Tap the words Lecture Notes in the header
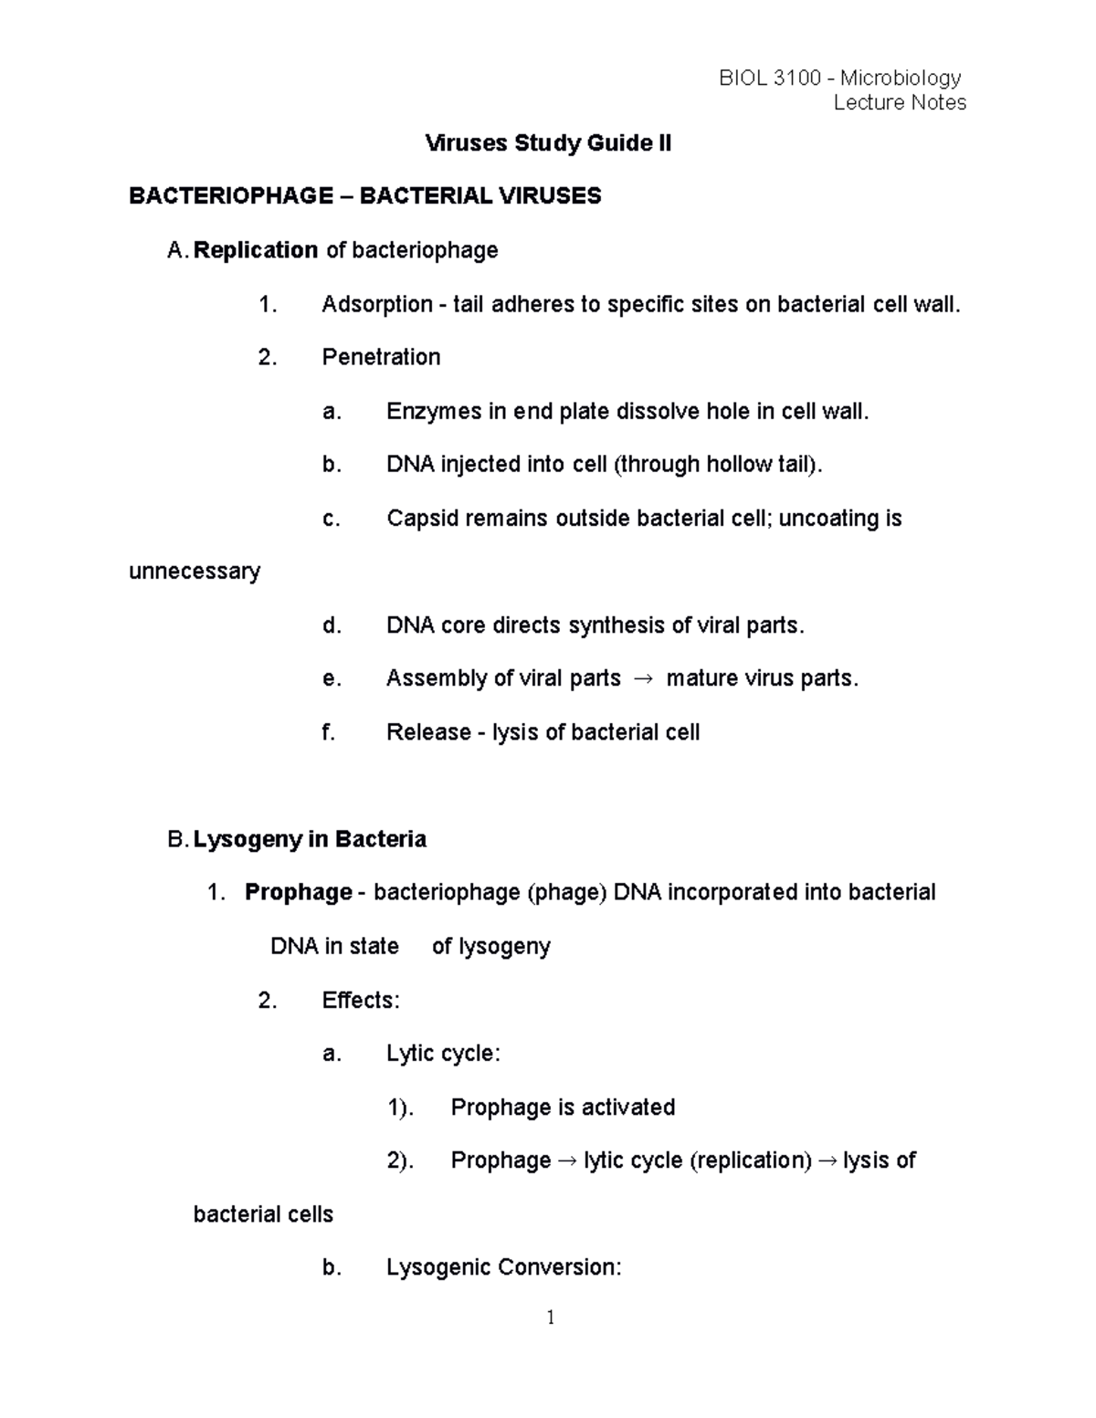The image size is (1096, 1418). click(x=900, y=102)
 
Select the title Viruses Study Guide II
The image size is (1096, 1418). click(x=548, y=143)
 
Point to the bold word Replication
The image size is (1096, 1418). click(x=256, y=250)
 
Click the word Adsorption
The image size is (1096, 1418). click(x=376, y=304)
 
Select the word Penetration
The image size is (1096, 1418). click(x=381, y=357)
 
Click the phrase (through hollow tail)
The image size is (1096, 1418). click(x=718, y=465)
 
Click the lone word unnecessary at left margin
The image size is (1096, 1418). click(x=195, y=572)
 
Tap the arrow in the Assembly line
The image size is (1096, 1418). click(x=643, y=679)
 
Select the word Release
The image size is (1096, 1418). click(x=428, y=732)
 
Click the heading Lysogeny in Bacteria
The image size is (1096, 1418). click(x=310, y=839)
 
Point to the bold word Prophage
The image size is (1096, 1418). click(x=298, y=892)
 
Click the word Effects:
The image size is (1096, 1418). click(x=361, y=1001)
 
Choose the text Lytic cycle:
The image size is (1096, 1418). click(x=443, y=1054)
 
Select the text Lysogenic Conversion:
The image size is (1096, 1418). click(x=503, y=1267)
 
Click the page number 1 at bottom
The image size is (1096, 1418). click(x=550, y=1318)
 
